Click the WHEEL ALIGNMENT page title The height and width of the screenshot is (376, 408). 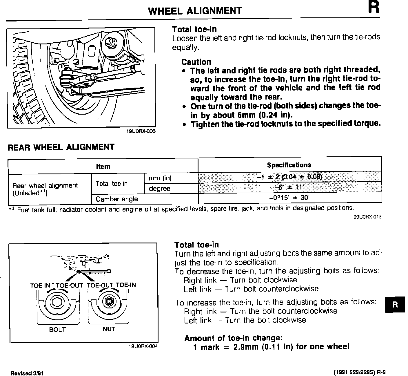click(195, 11)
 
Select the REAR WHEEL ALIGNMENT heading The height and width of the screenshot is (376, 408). click(61, 147)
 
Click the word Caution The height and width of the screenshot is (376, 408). click(196, 62)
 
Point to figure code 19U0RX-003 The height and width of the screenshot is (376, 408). click(141, 131)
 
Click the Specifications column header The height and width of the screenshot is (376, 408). click(289, 165)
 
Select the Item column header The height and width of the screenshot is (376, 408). click(103, 167)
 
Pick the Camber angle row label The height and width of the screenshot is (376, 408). click(117, 199)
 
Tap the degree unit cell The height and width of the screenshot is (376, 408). click(159, 189)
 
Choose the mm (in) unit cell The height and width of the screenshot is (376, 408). click(160, 178)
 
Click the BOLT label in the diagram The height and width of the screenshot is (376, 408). click(57, 330)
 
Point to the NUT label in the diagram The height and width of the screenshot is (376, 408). click(109, 329)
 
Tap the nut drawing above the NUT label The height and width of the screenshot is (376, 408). click(109, 302)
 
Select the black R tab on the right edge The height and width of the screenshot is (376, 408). click(395, 304)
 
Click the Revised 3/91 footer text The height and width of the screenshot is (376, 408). click(27, 373)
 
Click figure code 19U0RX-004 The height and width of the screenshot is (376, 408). click(143, 346)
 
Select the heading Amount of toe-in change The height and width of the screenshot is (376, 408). click(233, 338)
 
